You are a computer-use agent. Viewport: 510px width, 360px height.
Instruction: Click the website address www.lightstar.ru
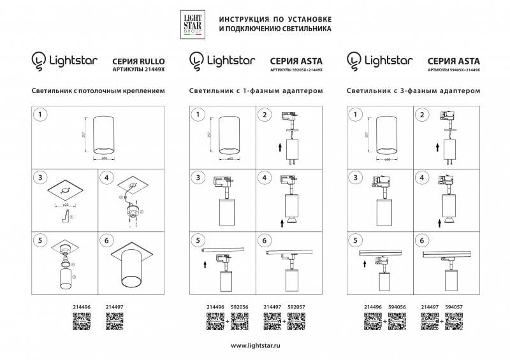click(x=254, y=345)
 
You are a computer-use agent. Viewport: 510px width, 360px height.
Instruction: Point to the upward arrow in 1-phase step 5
click(x=203, y=262)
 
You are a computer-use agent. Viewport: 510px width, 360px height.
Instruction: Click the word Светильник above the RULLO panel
click(x=52, y=91)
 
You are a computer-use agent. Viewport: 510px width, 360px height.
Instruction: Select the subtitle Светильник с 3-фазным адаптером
click(x=412, y=91)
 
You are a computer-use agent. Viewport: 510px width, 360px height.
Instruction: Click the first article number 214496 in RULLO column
click(x=83, y=306)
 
